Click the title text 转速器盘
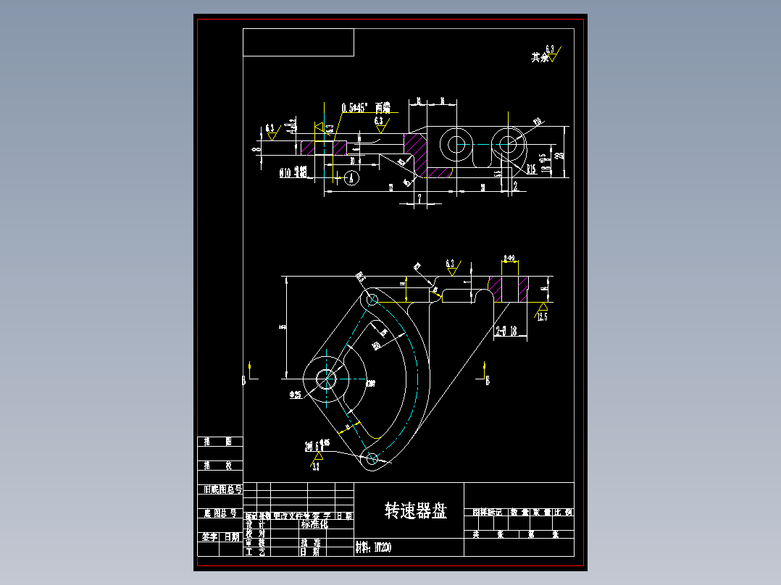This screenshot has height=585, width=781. point(415,511)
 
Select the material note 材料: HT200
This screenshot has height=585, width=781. point(374,548)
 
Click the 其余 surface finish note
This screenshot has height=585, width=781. point(540,57)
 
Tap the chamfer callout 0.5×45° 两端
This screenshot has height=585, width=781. point(365,108)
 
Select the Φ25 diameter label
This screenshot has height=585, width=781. point(296,395)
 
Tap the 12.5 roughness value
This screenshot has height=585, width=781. point(542,316)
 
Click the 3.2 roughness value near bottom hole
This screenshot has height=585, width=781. point(316,468)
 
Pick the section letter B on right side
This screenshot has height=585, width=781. point(487,380)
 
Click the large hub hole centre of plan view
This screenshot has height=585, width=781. point(325,379)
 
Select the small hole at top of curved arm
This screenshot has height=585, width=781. point(372,298)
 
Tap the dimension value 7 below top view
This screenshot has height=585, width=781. point(419,197)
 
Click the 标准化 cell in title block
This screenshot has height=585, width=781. point(314,524)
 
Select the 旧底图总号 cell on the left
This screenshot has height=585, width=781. point(220,489)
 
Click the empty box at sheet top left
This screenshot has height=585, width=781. point(298,42)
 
